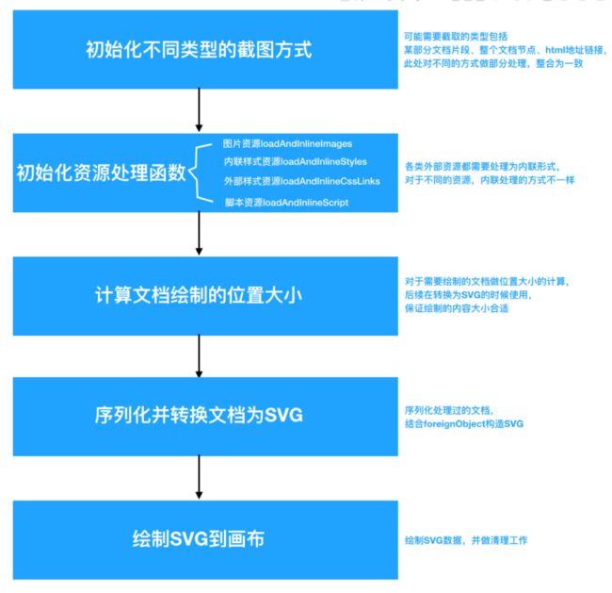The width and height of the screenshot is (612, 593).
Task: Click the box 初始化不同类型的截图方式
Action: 197,50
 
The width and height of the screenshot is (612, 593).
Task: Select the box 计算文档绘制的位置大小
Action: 197,289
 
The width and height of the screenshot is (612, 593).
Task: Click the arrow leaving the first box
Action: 198,109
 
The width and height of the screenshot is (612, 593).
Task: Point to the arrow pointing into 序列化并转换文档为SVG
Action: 198,356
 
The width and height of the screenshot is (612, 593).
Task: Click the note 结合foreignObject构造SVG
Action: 460,427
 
